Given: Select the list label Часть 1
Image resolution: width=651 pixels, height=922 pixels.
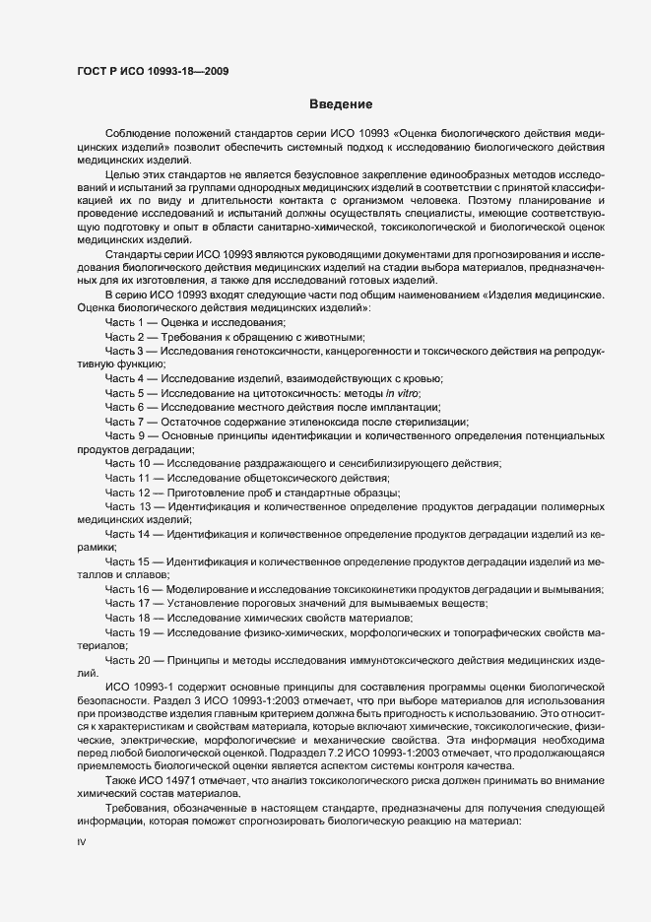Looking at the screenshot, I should point(125,323).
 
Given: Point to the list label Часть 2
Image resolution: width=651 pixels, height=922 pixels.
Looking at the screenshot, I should point(125,337).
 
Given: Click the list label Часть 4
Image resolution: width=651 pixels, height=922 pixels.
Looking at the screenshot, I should point(125,378).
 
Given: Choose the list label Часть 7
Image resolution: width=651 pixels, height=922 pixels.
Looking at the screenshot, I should point(125,421).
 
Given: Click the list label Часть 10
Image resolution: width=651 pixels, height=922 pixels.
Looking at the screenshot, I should point(128,463).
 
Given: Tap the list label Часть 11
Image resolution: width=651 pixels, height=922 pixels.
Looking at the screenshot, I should point(128,477).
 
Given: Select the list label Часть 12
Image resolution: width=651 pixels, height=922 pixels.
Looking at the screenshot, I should point(128,492).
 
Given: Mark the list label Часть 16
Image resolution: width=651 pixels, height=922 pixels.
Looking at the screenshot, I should point(128,589).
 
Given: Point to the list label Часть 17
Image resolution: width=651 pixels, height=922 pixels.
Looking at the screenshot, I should point(128,603).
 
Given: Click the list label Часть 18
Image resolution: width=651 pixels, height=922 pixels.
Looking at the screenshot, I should point(128,617).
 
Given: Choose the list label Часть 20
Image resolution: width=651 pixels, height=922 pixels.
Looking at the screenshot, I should point(128,659).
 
